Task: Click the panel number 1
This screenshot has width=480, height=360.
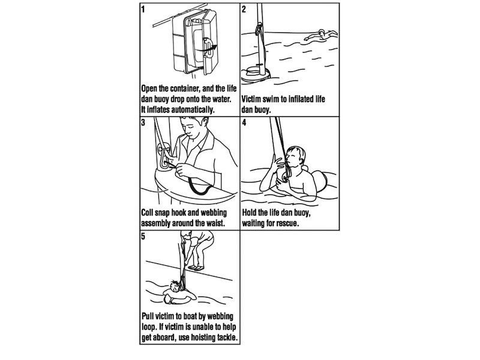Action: [x=143, y=9]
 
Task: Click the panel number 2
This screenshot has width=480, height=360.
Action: [x=244, y=9]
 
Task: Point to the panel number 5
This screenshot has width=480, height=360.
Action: [x=143, y=236]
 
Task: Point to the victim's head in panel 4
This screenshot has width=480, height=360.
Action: [x=295, y=157]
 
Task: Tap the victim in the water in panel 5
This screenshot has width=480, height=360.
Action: [x=179, y=292]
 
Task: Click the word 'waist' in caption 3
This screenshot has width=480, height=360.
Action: [x=212, y=224]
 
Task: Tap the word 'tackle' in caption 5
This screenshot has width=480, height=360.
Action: [x=224, y=337]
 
